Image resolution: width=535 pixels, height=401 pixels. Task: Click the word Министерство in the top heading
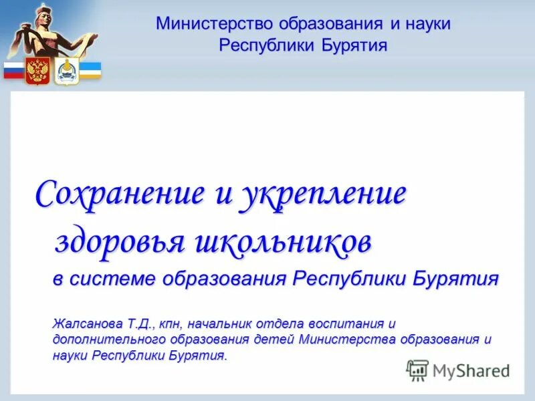(207, 24)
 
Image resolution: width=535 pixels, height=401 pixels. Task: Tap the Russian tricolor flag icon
(13, 70)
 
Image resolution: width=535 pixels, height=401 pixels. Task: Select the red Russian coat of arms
(37, 70)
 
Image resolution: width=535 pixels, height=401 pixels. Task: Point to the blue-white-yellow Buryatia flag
(90, 70)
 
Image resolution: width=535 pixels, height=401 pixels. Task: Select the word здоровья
(118, 242)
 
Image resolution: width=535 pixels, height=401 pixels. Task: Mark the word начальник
(219, 323)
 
